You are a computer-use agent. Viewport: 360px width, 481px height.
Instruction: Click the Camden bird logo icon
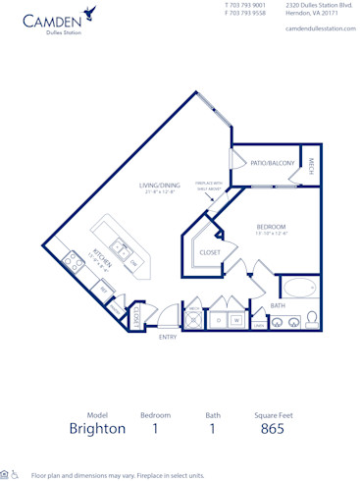point(90,13)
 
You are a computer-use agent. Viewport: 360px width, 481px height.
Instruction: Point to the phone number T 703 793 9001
point(245,6)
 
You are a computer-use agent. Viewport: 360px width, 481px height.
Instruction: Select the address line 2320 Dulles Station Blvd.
point(318,6)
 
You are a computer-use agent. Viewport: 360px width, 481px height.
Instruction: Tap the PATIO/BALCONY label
point(272,163)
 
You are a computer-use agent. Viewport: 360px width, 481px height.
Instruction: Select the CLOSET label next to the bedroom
point(210,252)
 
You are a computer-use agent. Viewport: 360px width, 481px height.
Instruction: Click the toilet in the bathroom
point(311,318)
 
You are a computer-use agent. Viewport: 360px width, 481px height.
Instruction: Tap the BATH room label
point(278,305)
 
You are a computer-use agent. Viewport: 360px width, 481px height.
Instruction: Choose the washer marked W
point(236,319)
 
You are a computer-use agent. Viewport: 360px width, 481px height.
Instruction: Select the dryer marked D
point(218,319)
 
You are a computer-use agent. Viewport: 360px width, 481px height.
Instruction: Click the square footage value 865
point(273,429)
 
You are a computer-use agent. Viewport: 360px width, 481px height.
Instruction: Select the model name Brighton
point(97,429)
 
